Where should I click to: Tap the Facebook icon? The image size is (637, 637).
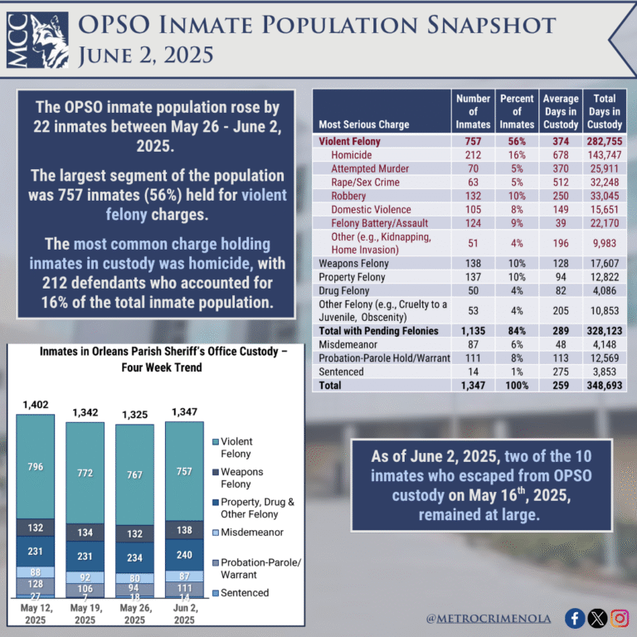574,618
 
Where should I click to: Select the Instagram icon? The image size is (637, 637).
619,618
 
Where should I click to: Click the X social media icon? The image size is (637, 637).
596,618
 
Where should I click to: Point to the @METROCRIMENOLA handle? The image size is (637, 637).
493,619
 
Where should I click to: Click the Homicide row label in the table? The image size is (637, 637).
351,155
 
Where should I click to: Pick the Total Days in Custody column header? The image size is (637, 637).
605,112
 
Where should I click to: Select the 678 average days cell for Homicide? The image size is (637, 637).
561,155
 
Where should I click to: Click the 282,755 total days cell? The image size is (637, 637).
604,142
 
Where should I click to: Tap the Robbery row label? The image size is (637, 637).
349,196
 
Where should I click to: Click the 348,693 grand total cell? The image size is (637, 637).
604,386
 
